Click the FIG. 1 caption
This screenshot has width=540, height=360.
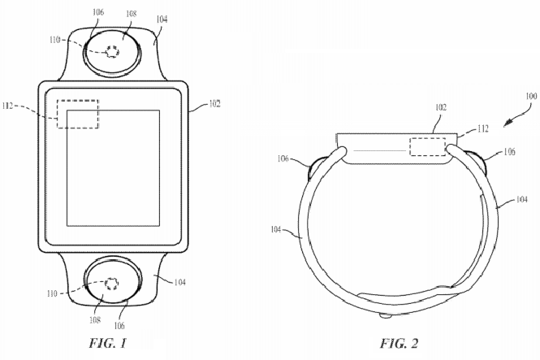coord(108,343)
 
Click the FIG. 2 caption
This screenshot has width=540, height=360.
coord(399,343)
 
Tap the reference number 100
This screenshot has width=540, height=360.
coord(531,96)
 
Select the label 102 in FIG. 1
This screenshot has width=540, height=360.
coord(214,103)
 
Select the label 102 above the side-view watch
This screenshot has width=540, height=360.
coord(441,107)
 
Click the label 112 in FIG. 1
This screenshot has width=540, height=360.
coord(7,106)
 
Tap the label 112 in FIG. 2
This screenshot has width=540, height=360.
coord(483,128)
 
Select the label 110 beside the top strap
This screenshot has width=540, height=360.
coord(55,40)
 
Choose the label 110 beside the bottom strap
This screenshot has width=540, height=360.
coord(52,293)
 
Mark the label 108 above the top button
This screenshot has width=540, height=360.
coord(131,13)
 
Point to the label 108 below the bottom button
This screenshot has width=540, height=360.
coord(95,319)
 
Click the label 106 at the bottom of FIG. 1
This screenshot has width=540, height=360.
coord(119,325)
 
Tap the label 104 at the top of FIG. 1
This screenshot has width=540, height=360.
coord(162,20)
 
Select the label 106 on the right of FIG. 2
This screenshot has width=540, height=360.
coord(509,152)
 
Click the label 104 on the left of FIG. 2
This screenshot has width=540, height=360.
coord(276,229)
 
